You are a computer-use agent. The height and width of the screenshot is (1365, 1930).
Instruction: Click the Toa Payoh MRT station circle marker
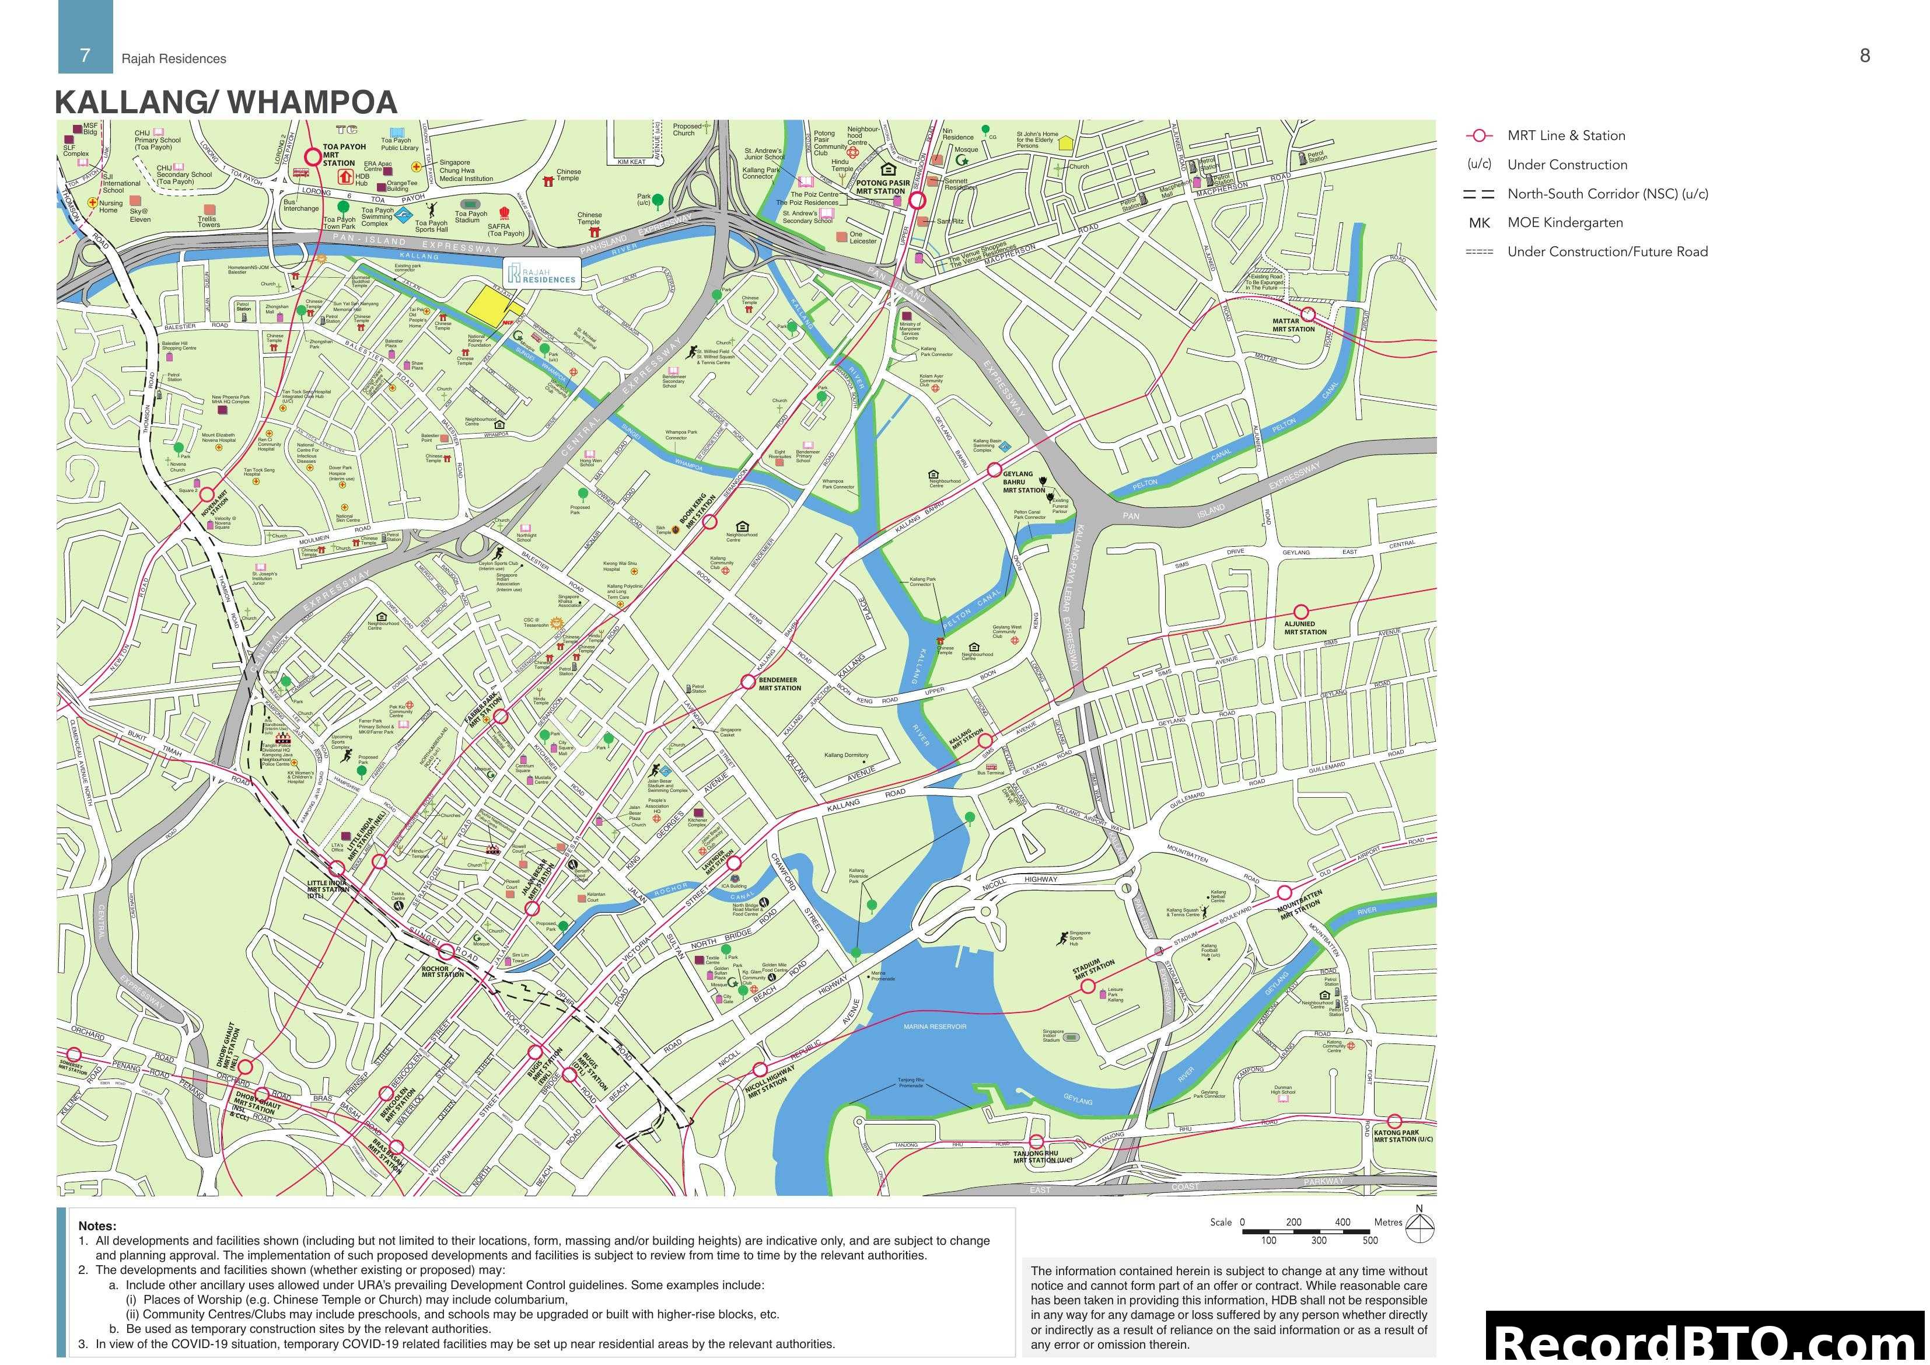click(313, 156)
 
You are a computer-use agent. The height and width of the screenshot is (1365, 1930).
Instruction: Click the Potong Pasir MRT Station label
click(883, 187)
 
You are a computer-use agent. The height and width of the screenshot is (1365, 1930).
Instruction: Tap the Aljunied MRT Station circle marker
click(1300, 612)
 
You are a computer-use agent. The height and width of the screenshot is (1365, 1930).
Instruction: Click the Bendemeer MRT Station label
click(779, 684)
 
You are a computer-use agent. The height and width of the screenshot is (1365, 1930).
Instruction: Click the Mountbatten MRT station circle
click(1284, 892)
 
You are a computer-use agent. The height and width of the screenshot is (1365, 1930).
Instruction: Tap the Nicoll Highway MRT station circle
click(760, 1070)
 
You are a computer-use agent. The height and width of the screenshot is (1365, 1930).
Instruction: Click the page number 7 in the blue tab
click(85, 55)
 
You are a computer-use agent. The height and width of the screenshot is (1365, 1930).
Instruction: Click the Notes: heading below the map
click(97, 1226)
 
